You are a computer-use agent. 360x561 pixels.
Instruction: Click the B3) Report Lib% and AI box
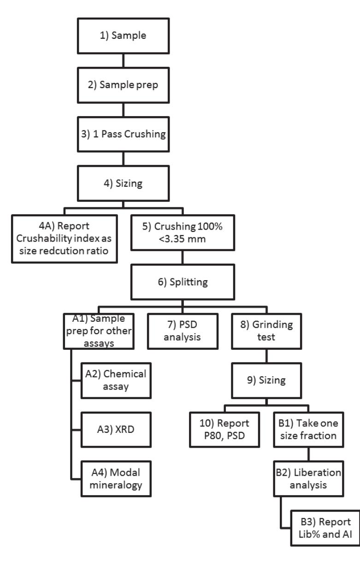[324, 528]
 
